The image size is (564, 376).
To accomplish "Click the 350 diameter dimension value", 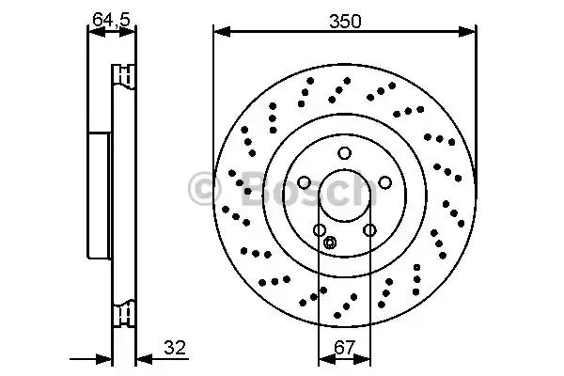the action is (x=345, y=22).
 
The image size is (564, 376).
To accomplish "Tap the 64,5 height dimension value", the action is (x=111, y=19).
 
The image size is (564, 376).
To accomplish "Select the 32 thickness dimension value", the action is (x=175, y=348).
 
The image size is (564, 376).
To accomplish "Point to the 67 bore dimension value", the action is (x=344, y=348).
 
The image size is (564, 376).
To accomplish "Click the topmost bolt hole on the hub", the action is (x=344, y=153).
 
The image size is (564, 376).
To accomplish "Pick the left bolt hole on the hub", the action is (x=304, y=182).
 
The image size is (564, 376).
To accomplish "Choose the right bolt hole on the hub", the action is (x=384, y=182).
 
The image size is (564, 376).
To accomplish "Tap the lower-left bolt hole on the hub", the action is (x=320, y=229).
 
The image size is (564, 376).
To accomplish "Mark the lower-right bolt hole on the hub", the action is (x=369, y=229).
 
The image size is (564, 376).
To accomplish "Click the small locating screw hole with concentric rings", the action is (x=330, y=243).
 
